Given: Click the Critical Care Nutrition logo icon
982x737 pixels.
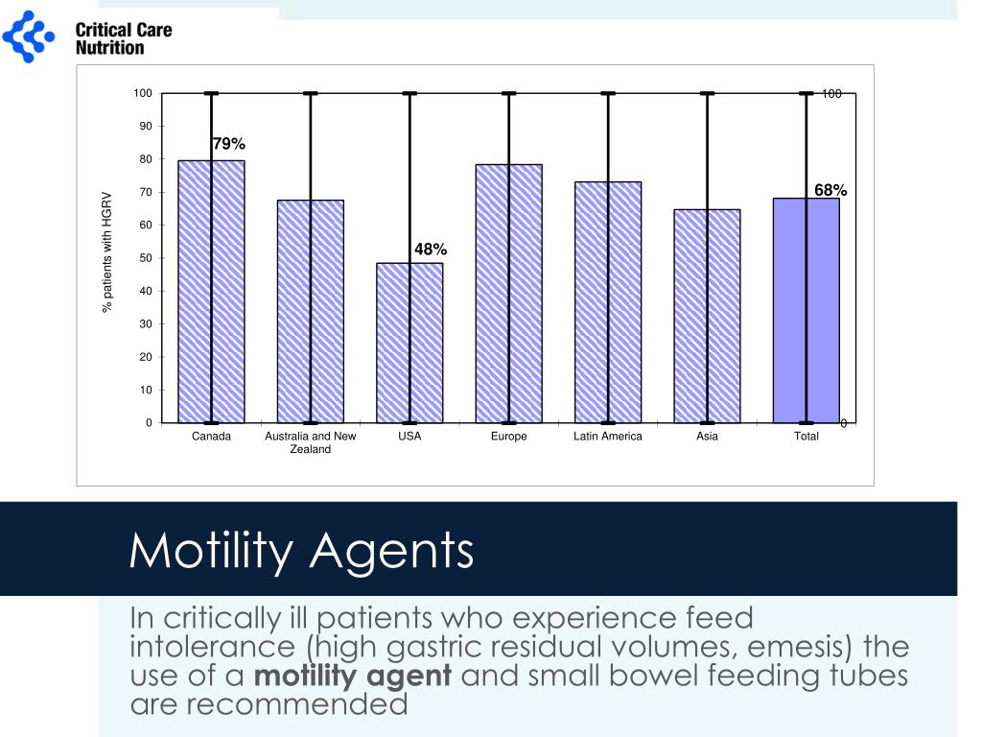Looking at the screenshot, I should pyautogui.click(x=29, y=36).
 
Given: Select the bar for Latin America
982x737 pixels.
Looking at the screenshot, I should pyautogui.click(x=608, y=301).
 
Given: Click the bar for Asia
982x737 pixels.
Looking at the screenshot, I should pyautogui.click(x=707, y=316).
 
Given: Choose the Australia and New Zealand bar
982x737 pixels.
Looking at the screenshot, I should pyautogui.click(x=311, y=311).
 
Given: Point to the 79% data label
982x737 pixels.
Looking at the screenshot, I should pyautogui.click(x=228, y=144).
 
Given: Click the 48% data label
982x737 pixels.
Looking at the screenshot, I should pyautogui.click(x=431, y=250).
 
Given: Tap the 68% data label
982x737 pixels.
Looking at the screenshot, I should pyautogui.click(x=830, y=191).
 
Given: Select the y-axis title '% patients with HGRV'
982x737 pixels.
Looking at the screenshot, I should pyautogui.click(x=107, y=251).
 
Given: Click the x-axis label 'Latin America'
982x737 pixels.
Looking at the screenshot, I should pyautogui.click(x=608, y=437).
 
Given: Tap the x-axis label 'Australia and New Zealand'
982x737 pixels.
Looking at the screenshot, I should pyautogui.click(x=311, y=442).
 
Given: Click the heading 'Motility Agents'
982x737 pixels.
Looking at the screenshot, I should pyautogui.click(x=301, y=551).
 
